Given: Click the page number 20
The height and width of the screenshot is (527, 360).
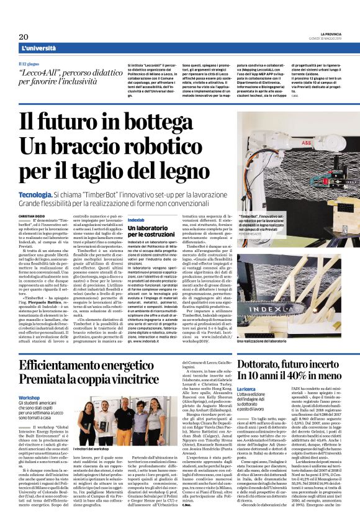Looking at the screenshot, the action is click(24, 37).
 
